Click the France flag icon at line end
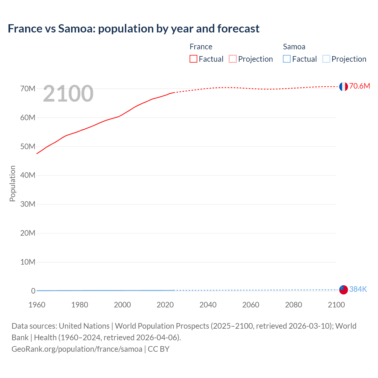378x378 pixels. point(343,87)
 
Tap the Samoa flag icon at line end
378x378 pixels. point(343,290)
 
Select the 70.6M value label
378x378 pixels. point(359,86)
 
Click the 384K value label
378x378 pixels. point(358,289)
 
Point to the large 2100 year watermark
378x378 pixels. point(68,94)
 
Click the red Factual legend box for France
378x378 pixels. point(193,59)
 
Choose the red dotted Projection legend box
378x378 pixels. point(233,59)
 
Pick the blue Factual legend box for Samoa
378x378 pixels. point(287,59)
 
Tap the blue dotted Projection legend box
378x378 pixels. point(326,59)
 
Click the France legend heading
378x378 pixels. point(201,47)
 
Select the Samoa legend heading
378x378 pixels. point(294,47)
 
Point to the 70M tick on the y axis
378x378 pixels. point(28,89)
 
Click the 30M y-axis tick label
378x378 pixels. point(28,204)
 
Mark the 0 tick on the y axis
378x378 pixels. point(33,291)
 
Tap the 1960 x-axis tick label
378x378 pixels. point(37,305)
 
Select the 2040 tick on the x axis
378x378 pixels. point(208,305)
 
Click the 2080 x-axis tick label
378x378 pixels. point(294,305)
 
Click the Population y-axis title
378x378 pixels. point(12,183)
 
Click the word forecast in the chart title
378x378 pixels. point(238,29)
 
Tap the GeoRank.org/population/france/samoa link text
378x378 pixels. point(77,349)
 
